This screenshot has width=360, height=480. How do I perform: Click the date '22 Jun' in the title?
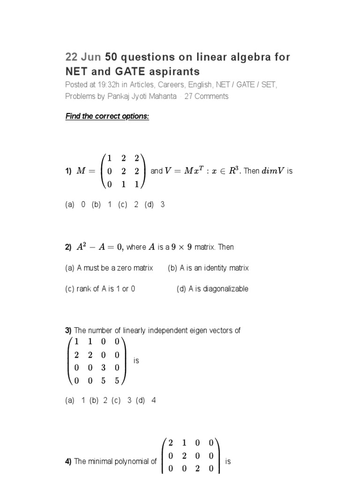click(x=83, y=57)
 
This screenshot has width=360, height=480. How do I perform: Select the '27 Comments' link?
click(x=206, y=96)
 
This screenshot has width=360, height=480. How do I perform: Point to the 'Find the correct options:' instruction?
click(x=107, y=116)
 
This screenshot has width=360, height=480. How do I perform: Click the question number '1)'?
click(x=68, y=172)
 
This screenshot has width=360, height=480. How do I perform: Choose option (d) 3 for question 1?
click(x=157, y=204)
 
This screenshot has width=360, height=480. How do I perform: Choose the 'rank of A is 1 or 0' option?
click(x=100, y=289)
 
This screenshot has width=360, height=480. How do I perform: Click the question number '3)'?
click(x=68, y=330)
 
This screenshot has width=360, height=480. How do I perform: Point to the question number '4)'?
click(x=68, y=462)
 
